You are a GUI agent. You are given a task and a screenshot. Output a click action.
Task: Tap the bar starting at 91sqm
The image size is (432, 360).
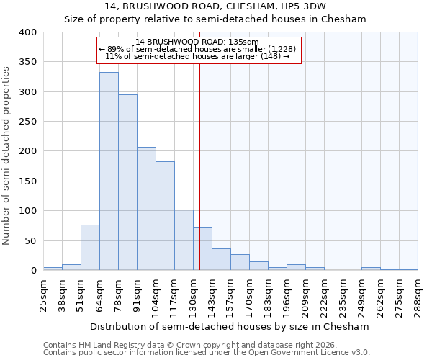[146, 209]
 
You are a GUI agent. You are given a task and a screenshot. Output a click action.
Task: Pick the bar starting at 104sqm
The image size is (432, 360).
[165, 216]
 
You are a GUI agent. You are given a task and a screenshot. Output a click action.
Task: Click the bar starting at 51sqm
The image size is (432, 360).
[90, 248]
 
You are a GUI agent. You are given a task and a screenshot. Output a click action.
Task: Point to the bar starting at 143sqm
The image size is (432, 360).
[221, 260]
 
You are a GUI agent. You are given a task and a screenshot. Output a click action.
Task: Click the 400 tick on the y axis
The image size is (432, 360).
[27, 32]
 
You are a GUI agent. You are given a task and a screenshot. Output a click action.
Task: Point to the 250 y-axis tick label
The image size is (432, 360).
[27, 122]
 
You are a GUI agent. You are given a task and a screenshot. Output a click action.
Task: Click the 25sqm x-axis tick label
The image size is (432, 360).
[43, 293]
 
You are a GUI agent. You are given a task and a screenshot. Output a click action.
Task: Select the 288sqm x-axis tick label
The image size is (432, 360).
[418, 293]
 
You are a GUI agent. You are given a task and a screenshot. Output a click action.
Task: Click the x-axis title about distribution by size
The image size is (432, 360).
[230, 326]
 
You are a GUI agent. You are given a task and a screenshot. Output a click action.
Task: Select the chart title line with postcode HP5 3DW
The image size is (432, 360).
[215, 6]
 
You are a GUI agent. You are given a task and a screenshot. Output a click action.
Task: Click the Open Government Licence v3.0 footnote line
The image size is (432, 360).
[206, 352]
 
